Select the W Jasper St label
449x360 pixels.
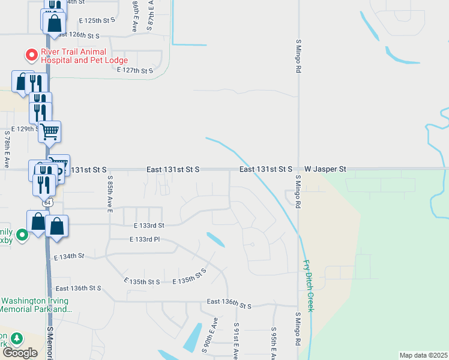point(325,170)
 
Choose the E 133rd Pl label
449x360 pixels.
point(144,239)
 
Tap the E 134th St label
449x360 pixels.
point(68,257)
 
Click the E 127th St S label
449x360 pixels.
point(135,70)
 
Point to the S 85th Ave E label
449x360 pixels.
point(110,194)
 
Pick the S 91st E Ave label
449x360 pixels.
point(237,343)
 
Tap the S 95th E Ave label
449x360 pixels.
point(274,343)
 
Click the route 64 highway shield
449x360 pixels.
point(48,202)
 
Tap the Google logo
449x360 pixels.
point(20,353)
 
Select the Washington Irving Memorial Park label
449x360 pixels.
point(37,305)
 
